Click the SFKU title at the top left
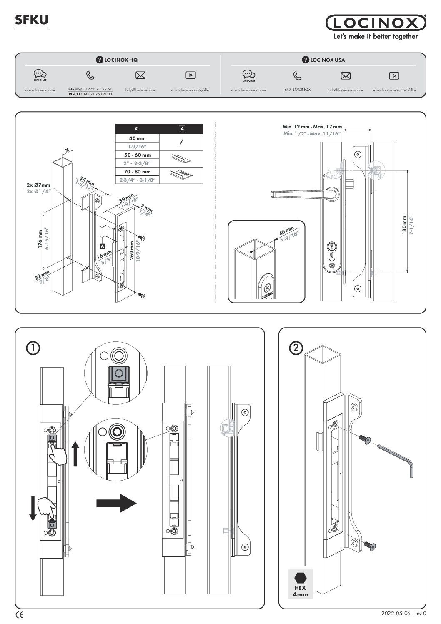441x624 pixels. [32, 19]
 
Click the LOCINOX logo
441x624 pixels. [376, 23]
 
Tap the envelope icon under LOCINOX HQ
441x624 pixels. [140, 75]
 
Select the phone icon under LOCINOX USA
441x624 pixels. [297, 75]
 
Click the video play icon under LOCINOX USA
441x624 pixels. [394, 75]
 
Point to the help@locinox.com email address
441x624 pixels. [140, 90]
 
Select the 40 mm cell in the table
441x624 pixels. [138, 138]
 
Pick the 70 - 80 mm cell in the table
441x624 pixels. [138, 172]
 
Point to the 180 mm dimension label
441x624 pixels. [404, 226]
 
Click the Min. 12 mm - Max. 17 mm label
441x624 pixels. [312, 127]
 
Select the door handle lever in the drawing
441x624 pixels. [298, 193]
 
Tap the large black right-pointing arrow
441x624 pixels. [116, 503]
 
